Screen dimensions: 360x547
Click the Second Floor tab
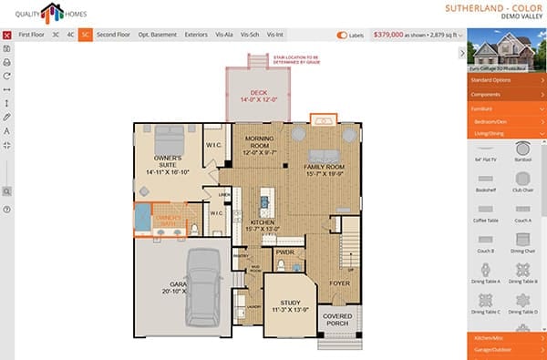113,35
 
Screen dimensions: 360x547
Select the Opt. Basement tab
157,35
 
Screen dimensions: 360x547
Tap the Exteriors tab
196,35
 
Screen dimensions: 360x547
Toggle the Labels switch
343,35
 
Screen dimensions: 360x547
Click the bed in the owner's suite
168,140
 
